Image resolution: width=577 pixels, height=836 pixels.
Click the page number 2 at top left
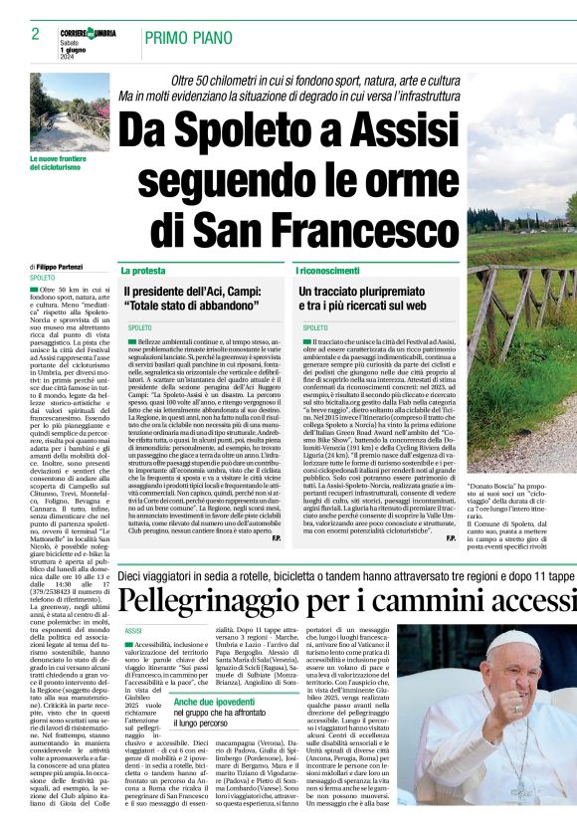35,34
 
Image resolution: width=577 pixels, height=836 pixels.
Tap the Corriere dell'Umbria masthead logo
89,33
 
